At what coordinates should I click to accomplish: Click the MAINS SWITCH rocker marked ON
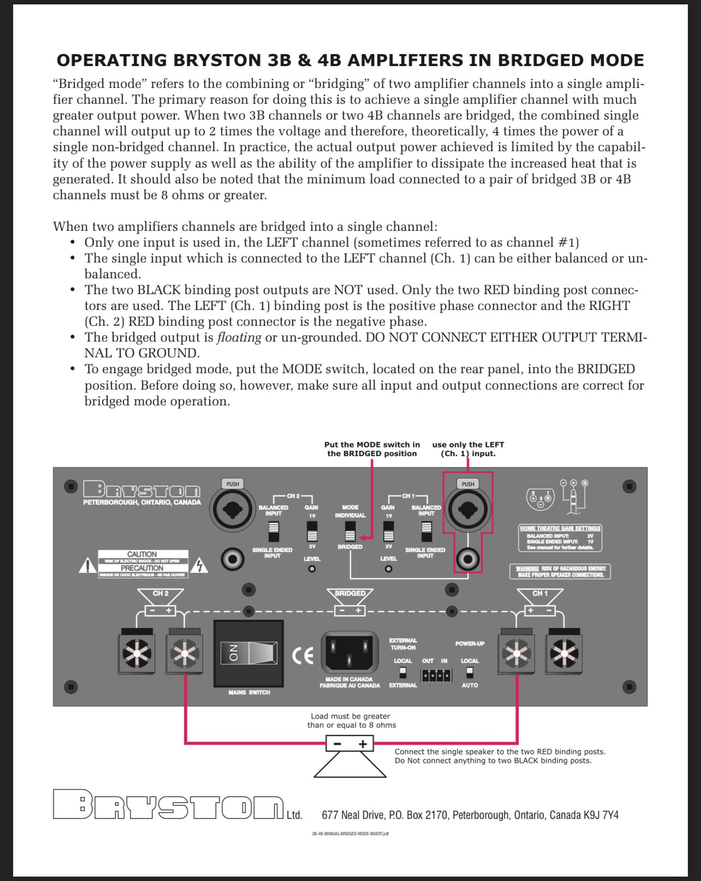(248, 653)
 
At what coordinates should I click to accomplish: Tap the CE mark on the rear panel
(302, 655)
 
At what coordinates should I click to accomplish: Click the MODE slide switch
(350, 531)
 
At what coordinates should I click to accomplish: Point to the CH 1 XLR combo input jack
(468, 510)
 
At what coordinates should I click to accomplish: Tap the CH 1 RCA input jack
(468, 559)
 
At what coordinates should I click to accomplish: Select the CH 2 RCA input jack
(233, 559)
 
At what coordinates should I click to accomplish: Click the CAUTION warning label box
(143, 564)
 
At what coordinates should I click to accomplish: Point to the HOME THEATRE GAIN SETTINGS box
(560, 538)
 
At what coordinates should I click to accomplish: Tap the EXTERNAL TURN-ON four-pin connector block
(436, 676)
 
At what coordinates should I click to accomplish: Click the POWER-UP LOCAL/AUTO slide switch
(470, 673)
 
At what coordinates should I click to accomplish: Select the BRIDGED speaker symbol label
(350, 594)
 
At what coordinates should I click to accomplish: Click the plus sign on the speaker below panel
(363, 744)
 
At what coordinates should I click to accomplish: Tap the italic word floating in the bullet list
(239, 338)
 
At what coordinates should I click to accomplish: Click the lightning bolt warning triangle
(201, 566)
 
